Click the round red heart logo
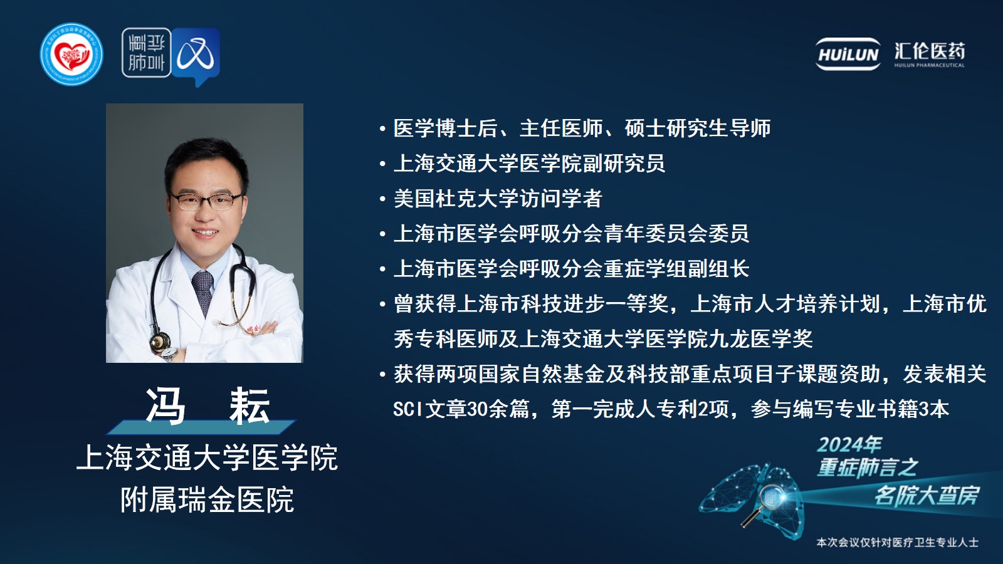click(71, 54)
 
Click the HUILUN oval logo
click(848, 54)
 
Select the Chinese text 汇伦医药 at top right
click(930, 51)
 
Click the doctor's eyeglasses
click(207, 201)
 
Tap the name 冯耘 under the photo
click(207, 407)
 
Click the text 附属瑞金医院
click(207, 499)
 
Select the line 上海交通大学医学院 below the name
click(207, 457)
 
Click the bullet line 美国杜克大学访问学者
click(498, 198)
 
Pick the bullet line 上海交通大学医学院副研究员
click(529, 164)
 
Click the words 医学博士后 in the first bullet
click(446, 128)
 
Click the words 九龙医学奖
click(760, 339)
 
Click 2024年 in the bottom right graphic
click(849, 444)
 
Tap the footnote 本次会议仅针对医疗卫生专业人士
click(897, 543)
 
